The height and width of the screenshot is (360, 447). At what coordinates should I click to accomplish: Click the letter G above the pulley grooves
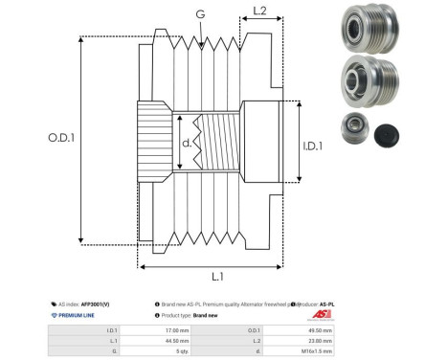(198, 13)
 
